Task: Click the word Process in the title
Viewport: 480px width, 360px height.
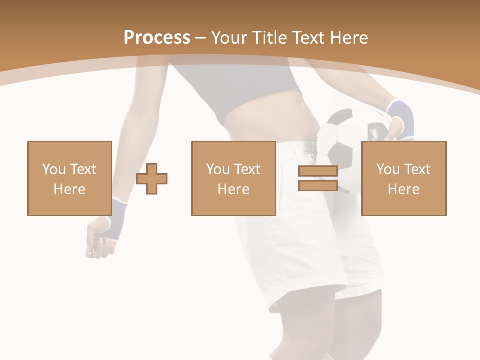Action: (157, 38)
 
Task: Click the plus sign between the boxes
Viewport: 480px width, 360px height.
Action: (152, 179)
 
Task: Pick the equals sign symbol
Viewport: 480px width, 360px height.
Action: (318, 178)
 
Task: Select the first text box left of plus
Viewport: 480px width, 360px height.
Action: (70, 178)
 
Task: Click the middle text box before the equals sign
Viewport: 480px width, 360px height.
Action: (233, 178)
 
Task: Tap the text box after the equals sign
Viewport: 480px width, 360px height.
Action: (403, 178)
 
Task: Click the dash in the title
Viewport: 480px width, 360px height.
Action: (201, 38)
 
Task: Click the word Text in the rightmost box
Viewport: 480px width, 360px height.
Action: (419, 169)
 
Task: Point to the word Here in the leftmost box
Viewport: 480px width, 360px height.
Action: (70, 189)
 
